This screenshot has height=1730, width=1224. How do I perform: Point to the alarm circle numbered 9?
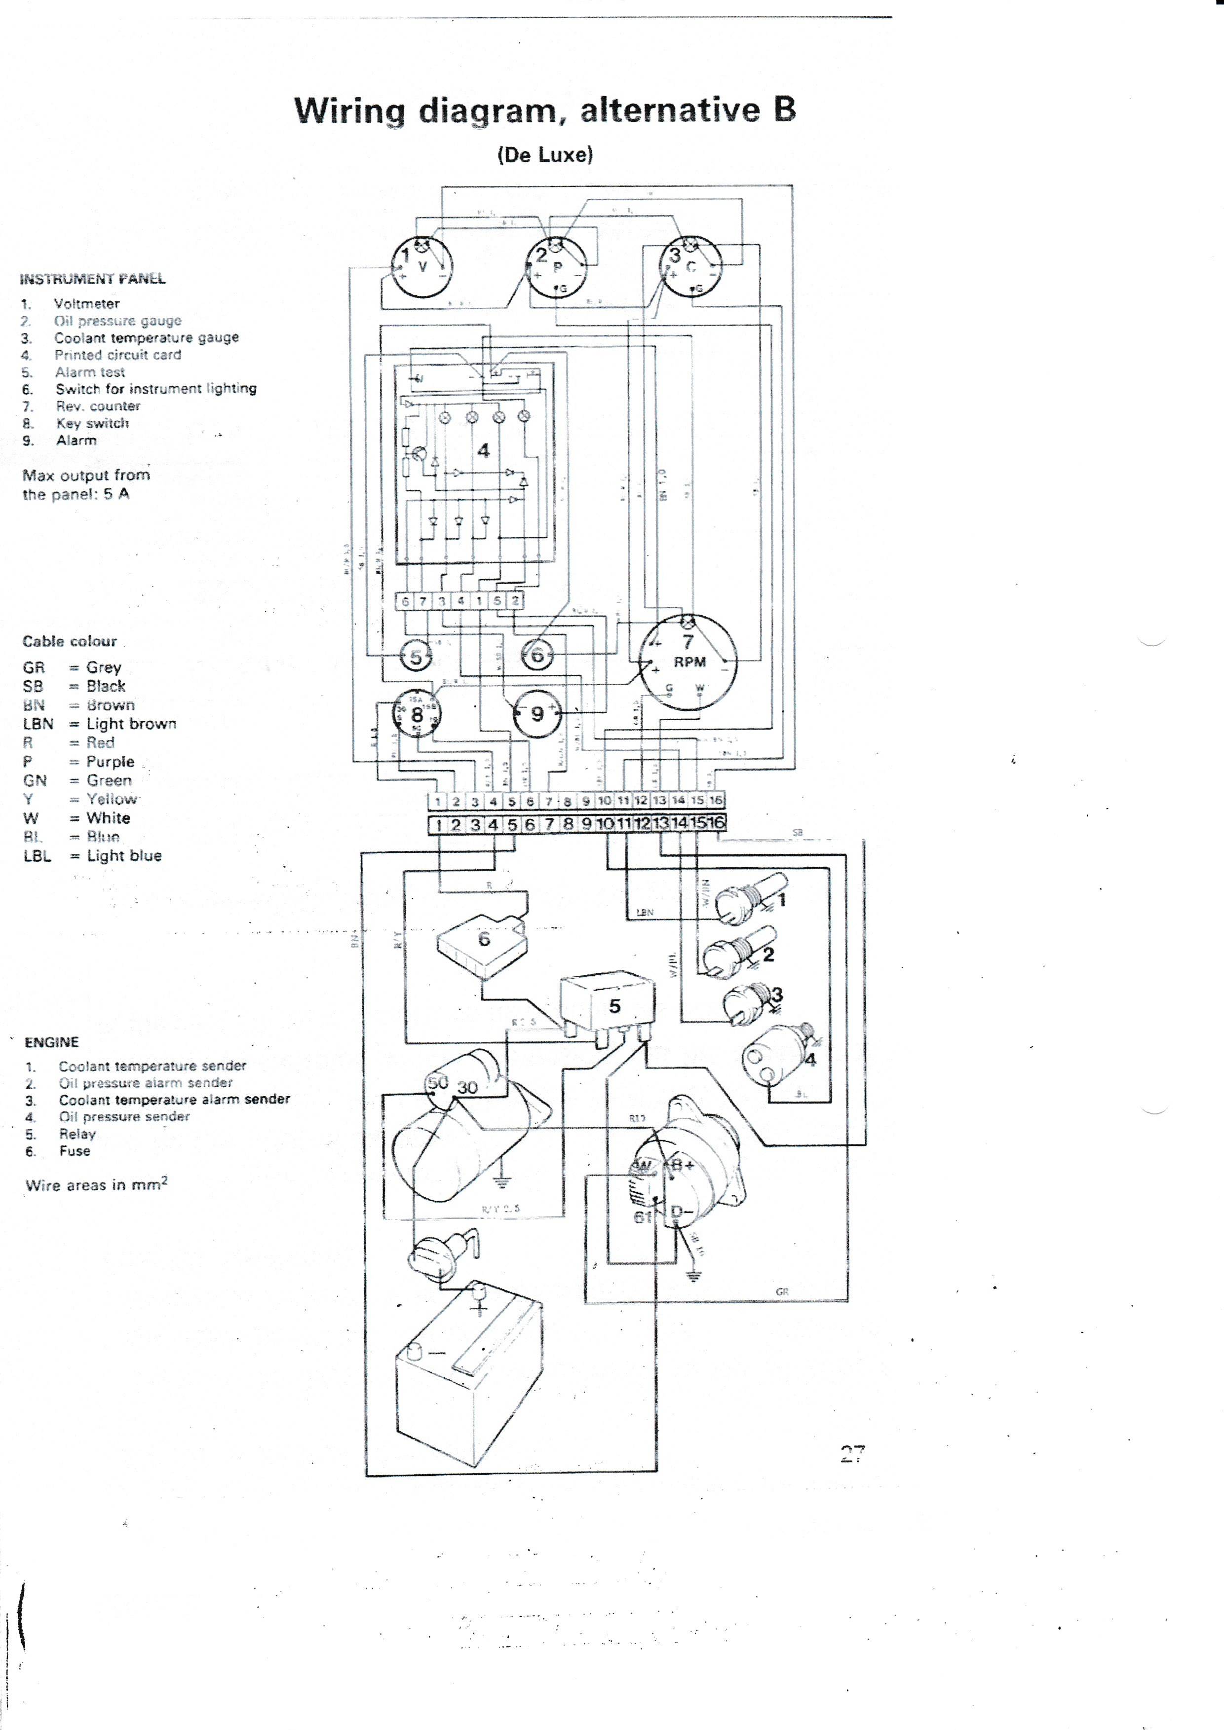(537, 713)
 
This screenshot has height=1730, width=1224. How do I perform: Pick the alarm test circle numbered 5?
(415, 656)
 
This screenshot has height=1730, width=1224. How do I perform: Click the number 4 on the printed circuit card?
(483, 450)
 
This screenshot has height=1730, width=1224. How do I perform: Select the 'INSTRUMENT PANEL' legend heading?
(93, 279)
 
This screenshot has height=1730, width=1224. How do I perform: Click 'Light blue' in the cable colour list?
(123, 855)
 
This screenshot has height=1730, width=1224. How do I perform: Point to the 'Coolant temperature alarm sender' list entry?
(174, 1100)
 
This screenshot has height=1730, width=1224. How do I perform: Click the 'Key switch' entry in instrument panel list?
(92, 423)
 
